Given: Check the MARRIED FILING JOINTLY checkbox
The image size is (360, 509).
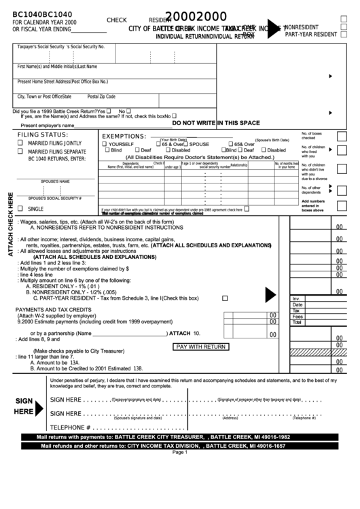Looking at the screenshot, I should tap(20, 143).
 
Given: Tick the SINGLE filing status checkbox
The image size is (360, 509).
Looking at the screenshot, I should tap(20, 209).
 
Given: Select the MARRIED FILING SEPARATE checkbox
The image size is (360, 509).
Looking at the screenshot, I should tap(20, 152).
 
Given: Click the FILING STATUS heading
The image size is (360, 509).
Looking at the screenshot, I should tap(41, 135).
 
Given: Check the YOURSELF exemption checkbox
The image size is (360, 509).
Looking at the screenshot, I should tap(105, 144).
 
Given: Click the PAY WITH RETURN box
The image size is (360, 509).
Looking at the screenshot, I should tap(200, 347).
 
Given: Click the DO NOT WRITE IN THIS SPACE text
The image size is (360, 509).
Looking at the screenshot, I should tap(216, 123).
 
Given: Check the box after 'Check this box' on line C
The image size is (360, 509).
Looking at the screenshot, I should tap(225, 298).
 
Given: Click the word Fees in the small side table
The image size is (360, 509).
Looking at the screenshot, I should tap(297, 316).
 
